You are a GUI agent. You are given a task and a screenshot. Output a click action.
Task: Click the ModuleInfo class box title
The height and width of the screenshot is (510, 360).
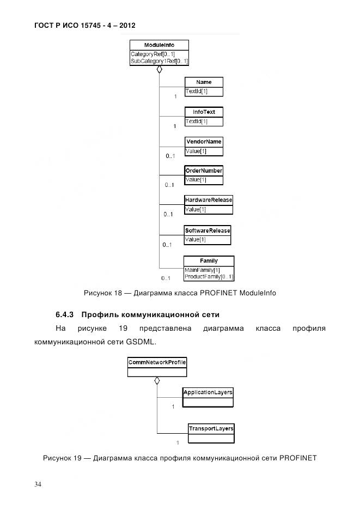pyautogui.click(x=159, y=45)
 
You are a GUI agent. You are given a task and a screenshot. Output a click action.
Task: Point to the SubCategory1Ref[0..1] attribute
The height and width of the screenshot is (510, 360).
pyautogui.click(x=159, y=62)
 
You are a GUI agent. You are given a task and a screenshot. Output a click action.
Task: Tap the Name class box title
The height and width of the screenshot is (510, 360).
pyautogui.click(x=204, y=82)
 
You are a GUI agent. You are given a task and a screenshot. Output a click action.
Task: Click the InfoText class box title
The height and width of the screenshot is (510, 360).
pyautogui.click(x=204, y=112)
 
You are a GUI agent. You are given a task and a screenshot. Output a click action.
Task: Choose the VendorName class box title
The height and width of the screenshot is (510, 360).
pyautogui.click(x=204, y=142)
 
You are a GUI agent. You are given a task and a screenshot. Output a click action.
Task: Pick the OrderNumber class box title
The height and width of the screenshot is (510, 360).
pyautogui.click(x=204, y=171)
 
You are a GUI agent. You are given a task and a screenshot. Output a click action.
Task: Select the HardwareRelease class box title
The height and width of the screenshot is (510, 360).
pyautogui.click(x=209, y=200)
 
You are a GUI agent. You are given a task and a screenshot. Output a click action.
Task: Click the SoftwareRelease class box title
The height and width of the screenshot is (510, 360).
pyautogui.click(x=208, y=230)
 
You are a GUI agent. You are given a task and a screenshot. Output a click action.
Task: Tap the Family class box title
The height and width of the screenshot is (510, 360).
pyautogui.click(x=209, y=261)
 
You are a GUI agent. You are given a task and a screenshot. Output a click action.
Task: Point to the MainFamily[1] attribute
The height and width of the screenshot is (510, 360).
pyautogui.click(x=202, y=270)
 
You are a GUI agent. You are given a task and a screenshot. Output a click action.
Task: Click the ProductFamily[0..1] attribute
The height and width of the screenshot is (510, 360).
pyautogui.click(x=209, y=277)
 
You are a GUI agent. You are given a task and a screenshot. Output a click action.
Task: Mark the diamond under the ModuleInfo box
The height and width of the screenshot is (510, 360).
pyautogui.click(x=160, y=70)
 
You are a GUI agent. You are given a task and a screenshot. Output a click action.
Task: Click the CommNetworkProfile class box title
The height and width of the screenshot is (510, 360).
pyautogui.click(x=157, y=362)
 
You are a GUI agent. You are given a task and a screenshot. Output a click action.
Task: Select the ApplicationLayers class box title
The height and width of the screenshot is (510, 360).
pyautogui.click(x=208, y=392)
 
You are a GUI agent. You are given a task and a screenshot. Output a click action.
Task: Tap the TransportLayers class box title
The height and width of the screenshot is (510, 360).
pyautogui.click(x=211, y=428)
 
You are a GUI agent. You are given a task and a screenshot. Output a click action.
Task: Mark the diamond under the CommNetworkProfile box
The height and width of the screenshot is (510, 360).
pyautogui.click(x=157, y=381)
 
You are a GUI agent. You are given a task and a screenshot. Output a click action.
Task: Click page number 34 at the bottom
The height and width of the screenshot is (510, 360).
pyautogui.click(x=38, y=485)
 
